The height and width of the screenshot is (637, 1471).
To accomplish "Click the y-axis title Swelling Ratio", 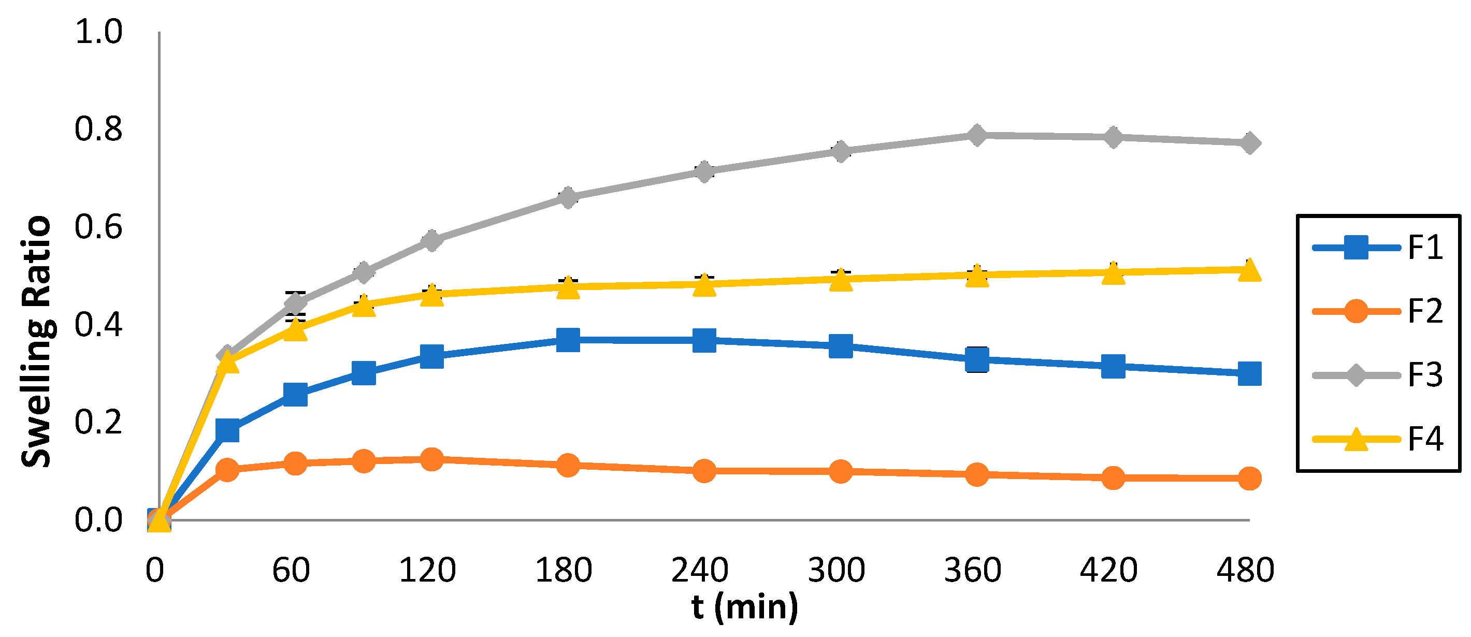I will click(37, 341).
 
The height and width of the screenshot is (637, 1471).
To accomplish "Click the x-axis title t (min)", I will click(745, 606).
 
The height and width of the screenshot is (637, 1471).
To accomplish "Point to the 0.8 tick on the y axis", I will click(98, 129).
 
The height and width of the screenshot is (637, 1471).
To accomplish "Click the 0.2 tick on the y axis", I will click(98, 423).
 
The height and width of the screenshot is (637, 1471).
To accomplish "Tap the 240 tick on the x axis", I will click(700, 570).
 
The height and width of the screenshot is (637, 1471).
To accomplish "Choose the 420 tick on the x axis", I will click(1109, 570).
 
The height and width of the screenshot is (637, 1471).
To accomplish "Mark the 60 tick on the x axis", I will click(291, 570).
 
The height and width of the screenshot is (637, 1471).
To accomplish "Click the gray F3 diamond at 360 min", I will click(977, 135).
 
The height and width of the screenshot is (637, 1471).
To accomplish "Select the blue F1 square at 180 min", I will click(568, 340).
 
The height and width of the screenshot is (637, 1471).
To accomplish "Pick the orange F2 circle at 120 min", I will click(431, 459).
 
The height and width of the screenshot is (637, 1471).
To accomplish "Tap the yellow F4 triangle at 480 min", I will click(1249, 270).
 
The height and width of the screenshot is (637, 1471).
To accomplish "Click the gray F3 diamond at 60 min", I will click(295, 302).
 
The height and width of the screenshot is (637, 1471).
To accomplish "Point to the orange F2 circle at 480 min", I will click(1249, 477).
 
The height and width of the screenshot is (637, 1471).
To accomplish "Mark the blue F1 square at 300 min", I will click(841, 346).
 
